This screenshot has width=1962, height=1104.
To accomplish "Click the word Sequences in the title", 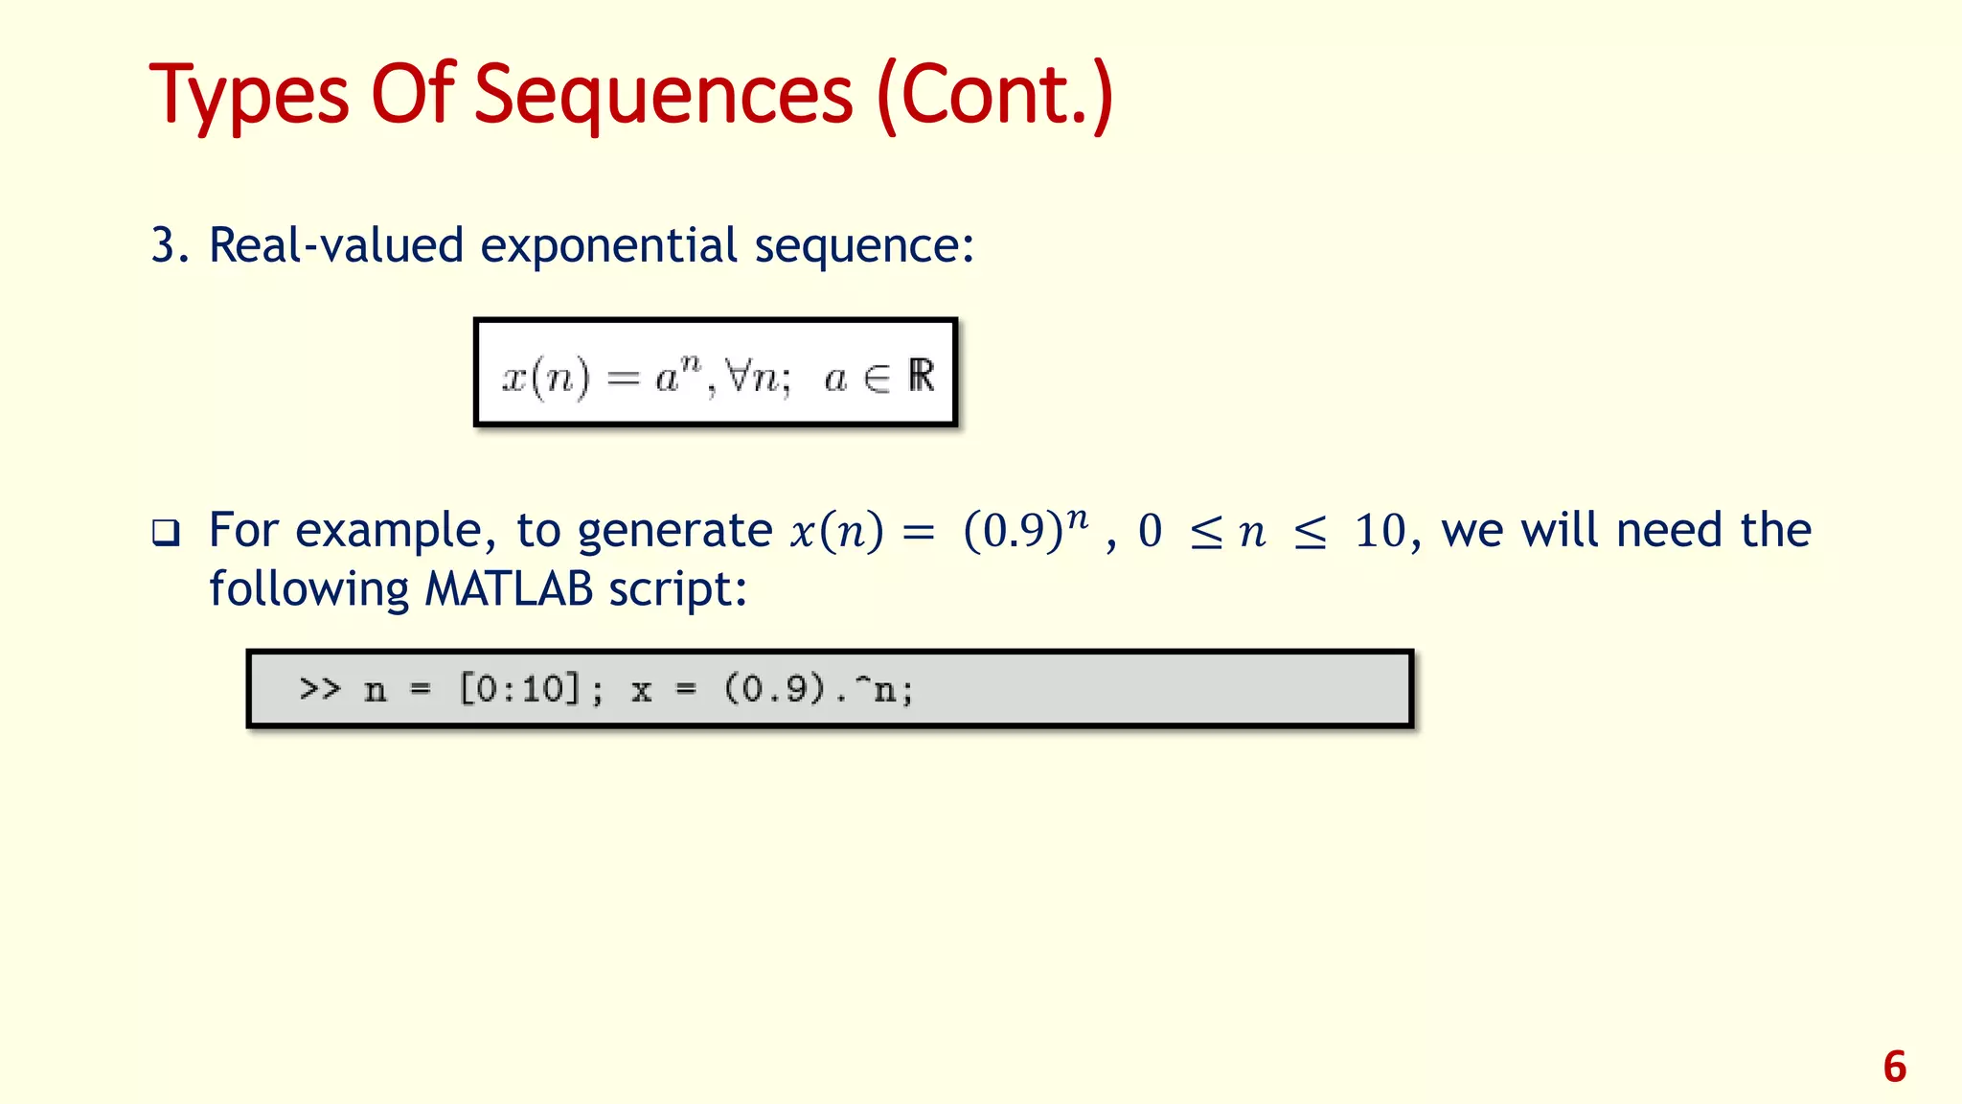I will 663,96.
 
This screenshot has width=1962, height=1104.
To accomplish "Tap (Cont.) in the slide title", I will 994,96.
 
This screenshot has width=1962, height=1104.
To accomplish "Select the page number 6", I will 1894,1067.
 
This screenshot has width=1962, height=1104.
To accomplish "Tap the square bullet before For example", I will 166,533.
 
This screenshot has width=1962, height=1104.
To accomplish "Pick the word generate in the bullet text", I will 674,531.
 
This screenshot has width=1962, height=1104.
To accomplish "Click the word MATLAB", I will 509,589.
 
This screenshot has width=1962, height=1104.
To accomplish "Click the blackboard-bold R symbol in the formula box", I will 921,376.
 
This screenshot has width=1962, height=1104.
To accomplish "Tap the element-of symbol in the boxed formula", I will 876,379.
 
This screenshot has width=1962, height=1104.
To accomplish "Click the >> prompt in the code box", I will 320,688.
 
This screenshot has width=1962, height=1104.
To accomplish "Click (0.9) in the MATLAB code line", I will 774,688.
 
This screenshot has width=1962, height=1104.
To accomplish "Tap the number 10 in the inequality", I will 1380,532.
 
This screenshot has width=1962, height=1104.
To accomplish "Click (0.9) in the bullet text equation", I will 1013,532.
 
